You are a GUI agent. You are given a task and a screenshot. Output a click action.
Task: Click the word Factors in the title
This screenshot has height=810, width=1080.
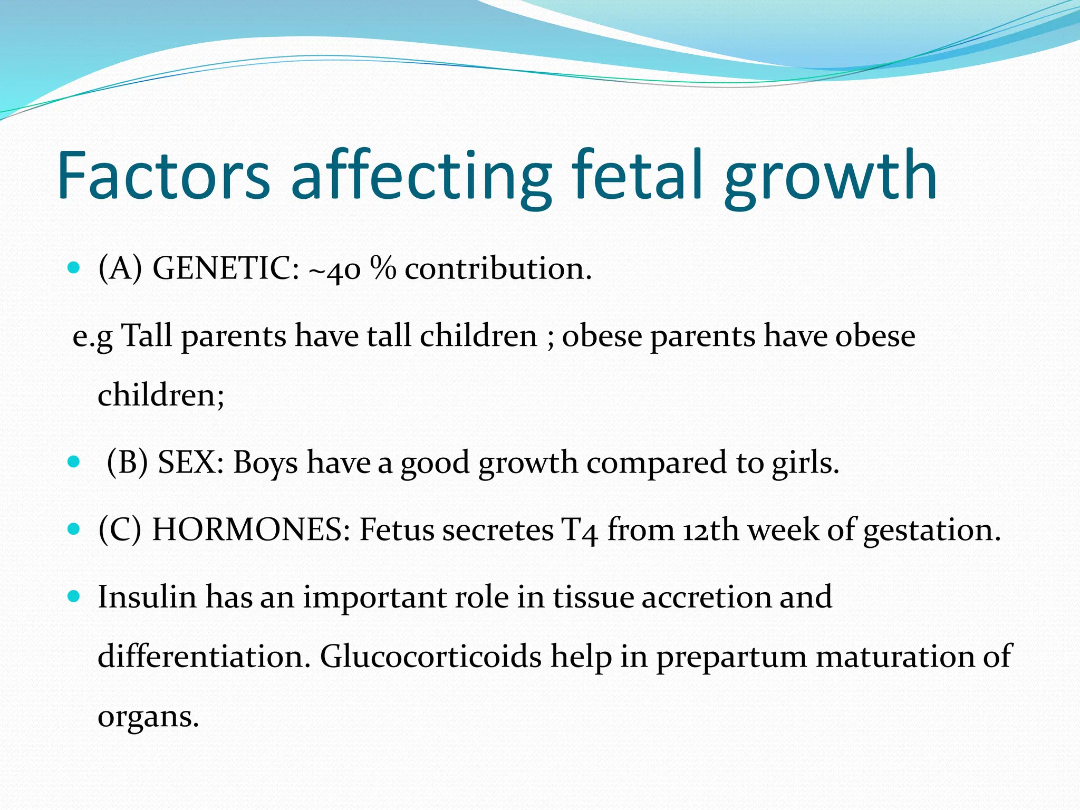[x=163, y=176]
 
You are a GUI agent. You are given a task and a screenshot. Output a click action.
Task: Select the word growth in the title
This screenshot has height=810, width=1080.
[x=830, y=179]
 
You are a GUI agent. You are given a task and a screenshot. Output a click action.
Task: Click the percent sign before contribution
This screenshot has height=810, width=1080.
[x=382, y=268]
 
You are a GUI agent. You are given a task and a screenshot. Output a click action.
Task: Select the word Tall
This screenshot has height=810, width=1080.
[x=147, y=335]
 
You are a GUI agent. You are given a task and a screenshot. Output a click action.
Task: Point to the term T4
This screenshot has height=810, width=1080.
[x=579, y=531]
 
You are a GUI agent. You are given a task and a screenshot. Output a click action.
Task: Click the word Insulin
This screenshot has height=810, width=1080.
[x=147, y=597]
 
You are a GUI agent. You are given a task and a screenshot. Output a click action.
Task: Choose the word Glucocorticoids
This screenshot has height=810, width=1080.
[x=431, y=657]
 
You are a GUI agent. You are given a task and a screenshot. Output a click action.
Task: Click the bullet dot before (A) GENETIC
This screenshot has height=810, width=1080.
[x=74, y=267]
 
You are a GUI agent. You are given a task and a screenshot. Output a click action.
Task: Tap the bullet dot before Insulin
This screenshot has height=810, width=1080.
[x=74, y=597]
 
